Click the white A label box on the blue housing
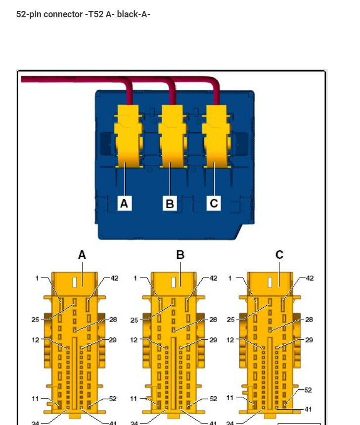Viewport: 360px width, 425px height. tap(125, 203)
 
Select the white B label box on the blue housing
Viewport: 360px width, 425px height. tap(170, 203)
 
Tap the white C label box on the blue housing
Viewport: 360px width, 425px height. tap(214, 203)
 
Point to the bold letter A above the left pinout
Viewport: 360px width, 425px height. tap(82, 255)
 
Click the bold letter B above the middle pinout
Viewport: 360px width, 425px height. tap(180, 255)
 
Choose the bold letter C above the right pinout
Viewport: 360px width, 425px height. tap(279, 255)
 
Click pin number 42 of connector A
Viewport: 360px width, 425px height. tap(114, 278)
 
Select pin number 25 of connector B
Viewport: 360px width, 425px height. tap(134, 320)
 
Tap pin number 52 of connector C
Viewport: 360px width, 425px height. tap(308, 390)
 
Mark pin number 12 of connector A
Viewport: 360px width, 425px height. tap(36, 340)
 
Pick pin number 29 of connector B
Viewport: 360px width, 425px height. tap(213, 340)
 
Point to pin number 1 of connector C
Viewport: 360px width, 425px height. tap(230, 278)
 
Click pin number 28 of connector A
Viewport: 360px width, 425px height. tap(113, 320)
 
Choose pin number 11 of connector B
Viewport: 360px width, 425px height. tap(134, 398)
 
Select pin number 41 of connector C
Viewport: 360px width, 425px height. tap(308, 409)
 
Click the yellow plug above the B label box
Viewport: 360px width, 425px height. tap(171, 136)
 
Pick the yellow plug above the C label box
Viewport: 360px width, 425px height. tap(216, 136)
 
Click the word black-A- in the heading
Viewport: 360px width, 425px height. tap(134, 14)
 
